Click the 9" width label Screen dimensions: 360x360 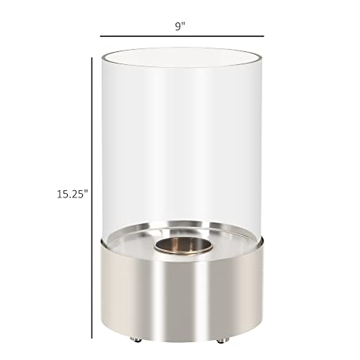click(x=180, y=27)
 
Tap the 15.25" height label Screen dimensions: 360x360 click(x=72, y=194)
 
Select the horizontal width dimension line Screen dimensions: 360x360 click(x=182, y=36)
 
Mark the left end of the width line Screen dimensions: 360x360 click(x=101, y=36)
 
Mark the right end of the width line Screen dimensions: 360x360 click(x=263, y=36)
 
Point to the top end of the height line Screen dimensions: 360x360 click(x=91, y=59)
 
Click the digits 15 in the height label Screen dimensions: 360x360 click(x=63, y=194)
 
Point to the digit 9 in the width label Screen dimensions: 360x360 click(x=178, y=27)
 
